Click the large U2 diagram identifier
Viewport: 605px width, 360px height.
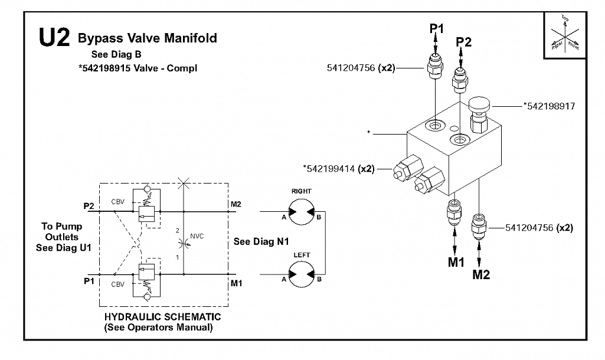point(54,38)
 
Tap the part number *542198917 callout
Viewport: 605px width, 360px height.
point(549,106)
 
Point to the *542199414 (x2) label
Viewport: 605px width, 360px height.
point(339,169)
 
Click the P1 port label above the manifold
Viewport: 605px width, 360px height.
point(437,28)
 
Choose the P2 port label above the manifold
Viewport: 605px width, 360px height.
point(463,42)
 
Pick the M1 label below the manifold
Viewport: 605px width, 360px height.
point(456,262)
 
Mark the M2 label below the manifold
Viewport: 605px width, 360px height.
point(481,274)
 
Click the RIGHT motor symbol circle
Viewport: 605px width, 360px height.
point(302,211)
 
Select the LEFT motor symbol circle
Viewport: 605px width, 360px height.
point(302,274)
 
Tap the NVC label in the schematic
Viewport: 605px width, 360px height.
point(197,236)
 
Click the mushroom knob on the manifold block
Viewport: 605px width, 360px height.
point(479,103)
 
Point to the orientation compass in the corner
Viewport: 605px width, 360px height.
point(565,35)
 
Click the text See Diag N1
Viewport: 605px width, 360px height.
point(261,241)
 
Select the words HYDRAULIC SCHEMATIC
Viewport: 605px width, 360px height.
point(162,317)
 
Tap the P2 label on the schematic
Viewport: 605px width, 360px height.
point(89,206)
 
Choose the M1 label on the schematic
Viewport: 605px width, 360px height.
point(236,283)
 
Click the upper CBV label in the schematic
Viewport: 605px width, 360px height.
point(117,202)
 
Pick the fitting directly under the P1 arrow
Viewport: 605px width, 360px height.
point(436,66)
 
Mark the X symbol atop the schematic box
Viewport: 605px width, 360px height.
point(184,184)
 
